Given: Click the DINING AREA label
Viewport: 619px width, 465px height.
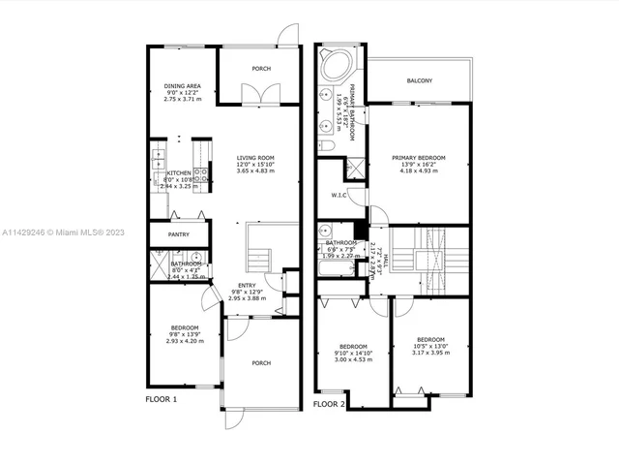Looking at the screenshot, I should [181, 84].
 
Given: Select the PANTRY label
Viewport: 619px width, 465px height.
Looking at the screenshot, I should [179, 233].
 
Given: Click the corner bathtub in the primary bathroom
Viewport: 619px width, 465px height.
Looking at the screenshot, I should [336, 67].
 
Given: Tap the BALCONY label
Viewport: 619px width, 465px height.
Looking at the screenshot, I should [419, 80].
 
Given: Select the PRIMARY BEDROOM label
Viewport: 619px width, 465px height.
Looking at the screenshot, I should [418, 157].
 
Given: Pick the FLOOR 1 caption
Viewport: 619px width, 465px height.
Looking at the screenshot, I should [162, 398].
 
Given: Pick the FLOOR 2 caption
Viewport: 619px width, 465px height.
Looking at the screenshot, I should [329, 404].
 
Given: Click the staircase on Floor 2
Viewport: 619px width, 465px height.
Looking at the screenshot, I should [428, 257].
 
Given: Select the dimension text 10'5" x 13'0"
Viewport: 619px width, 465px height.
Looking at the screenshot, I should [430, 346].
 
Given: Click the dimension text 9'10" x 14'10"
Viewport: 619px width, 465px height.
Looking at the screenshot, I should [353, 354].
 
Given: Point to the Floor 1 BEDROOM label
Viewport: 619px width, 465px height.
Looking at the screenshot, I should [185, 326].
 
